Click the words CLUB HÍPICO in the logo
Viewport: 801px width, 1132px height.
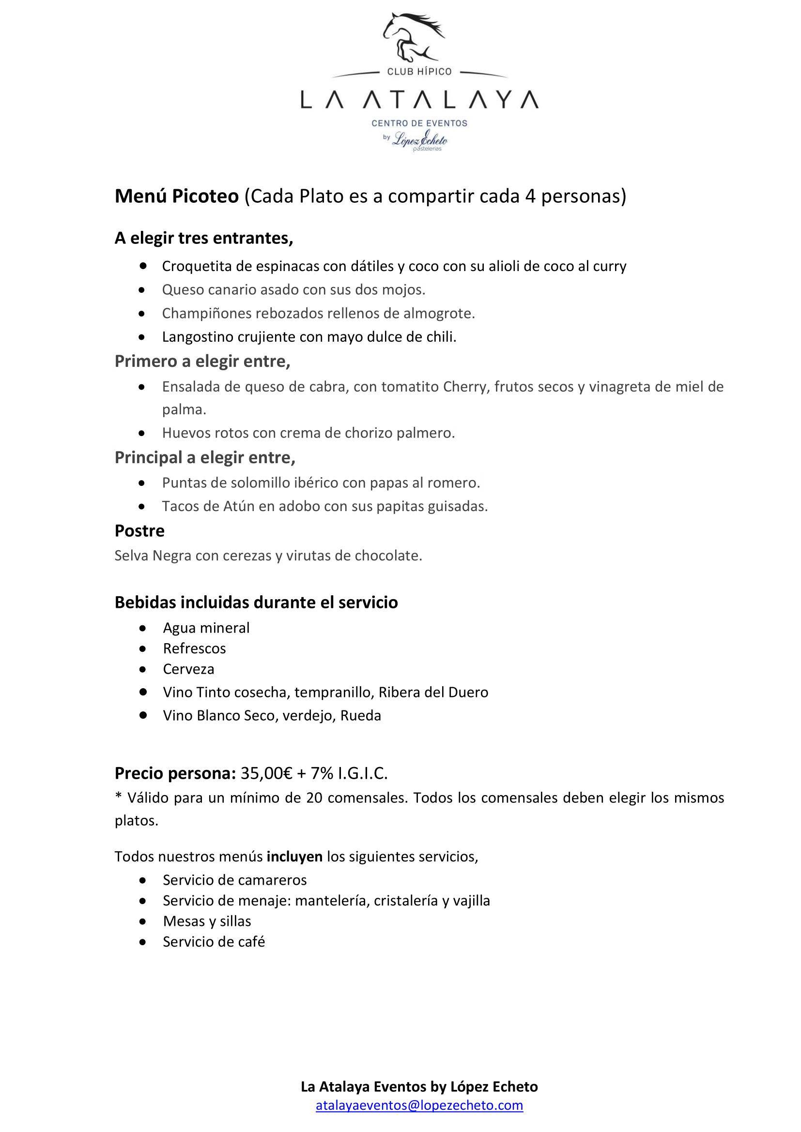coord(419,72)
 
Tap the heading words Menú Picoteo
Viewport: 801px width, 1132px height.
coord(177,196)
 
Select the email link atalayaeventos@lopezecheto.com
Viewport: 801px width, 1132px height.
coord(419,1105)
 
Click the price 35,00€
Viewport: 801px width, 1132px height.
coord(266,773)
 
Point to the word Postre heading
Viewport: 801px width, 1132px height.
coord(139,531)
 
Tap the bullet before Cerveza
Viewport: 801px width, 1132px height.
coord(142,669)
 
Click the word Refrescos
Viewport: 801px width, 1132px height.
coord(194,649)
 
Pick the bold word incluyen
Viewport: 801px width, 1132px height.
coord(294,857)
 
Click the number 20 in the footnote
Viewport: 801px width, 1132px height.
coord(314,798)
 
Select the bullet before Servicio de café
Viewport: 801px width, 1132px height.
coord(142,942)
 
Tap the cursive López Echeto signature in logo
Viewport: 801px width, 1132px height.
coord(420,139)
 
